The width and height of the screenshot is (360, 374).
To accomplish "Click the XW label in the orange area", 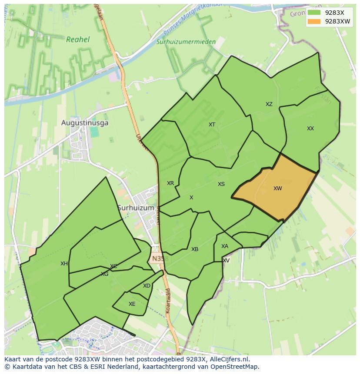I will pyautogui.click(x=277, y=189).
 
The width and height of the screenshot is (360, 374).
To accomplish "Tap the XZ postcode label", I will pyautogui.click(x=269, y=104).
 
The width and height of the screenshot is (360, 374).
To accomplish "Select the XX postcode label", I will pyautogui.click(x=310, y=129).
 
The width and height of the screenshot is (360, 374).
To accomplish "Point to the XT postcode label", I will pyautogui.click(x=212, y=125).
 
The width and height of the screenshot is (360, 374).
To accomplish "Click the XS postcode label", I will pyautogui.click(x=221, y=184).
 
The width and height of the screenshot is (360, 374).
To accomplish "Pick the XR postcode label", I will pyautogui.click(x=170, y=183).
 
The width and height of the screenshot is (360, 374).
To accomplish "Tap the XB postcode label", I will pyautogui.click(x=195, y=249).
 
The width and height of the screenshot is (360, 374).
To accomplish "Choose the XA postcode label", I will pyautogui.click(x=224, y=246).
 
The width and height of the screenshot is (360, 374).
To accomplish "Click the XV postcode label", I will pyautogui.click(x=226, y=261).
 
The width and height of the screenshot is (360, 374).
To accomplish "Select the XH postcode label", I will pyautogui.click(x=64, y=264).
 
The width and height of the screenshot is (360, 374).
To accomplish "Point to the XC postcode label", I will pyautogui.click(x=113, y=266).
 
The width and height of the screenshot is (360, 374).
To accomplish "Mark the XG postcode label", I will pyautogui.click(x=104, y=274).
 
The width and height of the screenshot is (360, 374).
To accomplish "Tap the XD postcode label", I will pyautogui.click(x=147, y=286).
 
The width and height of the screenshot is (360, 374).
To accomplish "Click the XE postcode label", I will pyautogui.click(x=132, y=304).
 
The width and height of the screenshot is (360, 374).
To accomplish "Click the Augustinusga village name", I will pyautogui.click(x=85, y=123).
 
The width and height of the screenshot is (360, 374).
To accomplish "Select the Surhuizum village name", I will pyautogui.click(x=136, y=208).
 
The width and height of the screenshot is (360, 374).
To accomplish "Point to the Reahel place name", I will pyautogui.click(x=78, y=40).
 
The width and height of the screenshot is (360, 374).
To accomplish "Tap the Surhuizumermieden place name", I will pyautogui.click(x=186, y=42).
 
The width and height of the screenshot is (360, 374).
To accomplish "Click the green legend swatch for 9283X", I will pyautogui.click(x=314, y=13).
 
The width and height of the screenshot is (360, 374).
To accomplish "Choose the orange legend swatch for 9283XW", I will pyautogui.click(x=314, y=21).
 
